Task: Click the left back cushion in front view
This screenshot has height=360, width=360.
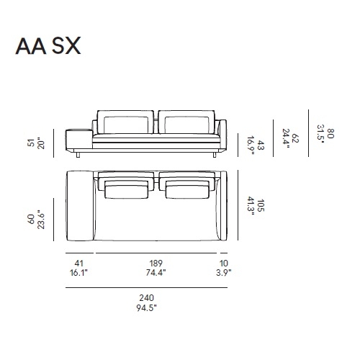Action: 125,123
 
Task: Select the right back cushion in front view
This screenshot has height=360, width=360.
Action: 185,123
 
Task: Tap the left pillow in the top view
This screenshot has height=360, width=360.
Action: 127,189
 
